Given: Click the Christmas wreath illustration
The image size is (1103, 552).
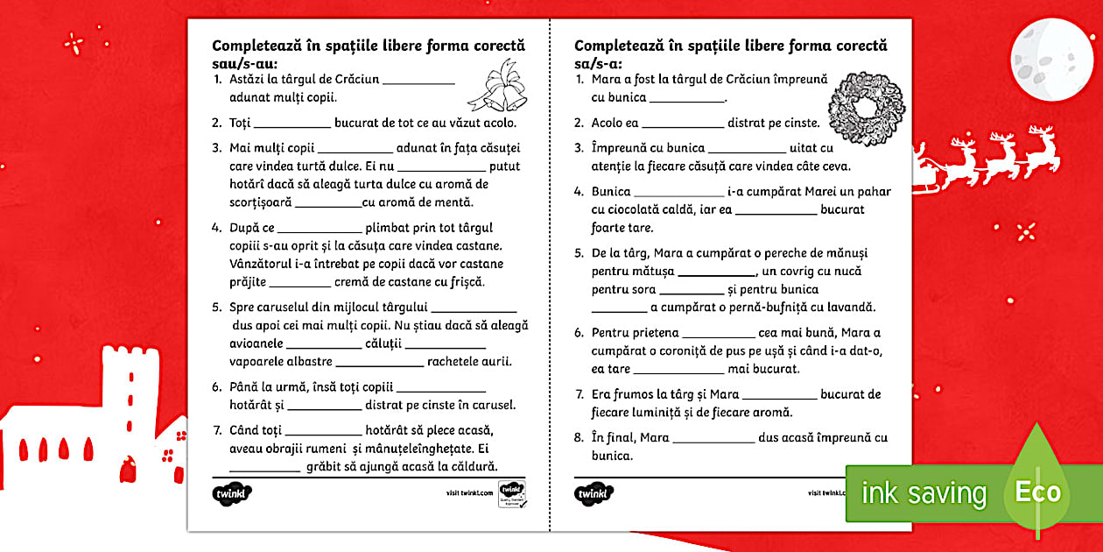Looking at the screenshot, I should tap(860, 104).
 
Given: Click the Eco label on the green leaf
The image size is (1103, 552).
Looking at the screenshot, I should tap(1038, 492).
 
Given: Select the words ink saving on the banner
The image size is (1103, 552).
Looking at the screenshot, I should tap(923, 493).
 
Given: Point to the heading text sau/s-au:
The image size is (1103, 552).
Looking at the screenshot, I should tap(244, 63).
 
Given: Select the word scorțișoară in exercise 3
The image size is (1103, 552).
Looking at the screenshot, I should tap(260, 202).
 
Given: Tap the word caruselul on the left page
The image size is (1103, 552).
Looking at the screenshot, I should tap(288, 308).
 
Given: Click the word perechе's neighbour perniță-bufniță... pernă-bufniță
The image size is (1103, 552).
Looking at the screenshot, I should tap(769, 308).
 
